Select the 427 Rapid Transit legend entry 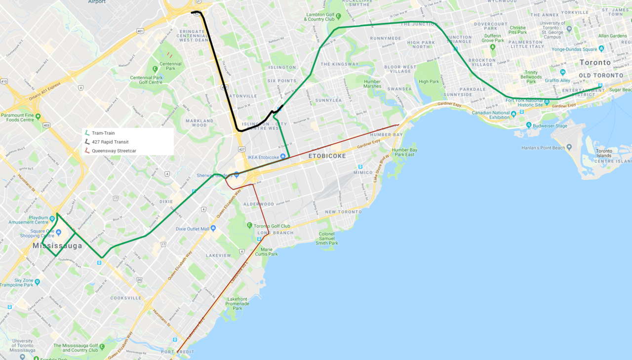pos(110,142)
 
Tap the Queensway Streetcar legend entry pos(114,151)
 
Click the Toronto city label pos(594,63)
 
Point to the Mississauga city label pos(58,245)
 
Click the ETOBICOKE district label pos(326,156)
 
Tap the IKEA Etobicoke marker pos(283,157)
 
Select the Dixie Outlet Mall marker pos(213,228)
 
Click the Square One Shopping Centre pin pos(58,232)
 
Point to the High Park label pos(428,81)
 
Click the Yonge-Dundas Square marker pos(601,49)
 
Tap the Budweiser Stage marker pos(529,126)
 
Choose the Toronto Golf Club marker pos(250,226)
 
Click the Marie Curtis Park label pos(269,252)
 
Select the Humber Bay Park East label pos(404,152)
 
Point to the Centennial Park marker pos(155,69)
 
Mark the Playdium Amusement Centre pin pos(52,218)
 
